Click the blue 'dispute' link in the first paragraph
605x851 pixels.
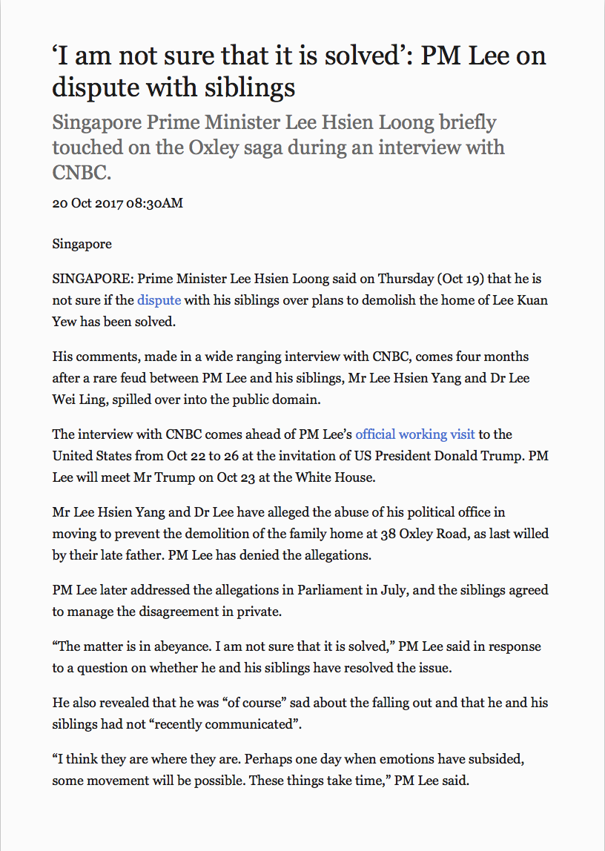click(x=159, y=301)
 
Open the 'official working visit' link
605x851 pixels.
click(x=415, y=434)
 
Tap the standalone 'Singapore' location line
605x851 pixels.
click(x=82, y=244)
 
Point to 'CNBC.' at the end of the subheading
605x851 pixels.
click(x=82, y=173)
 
